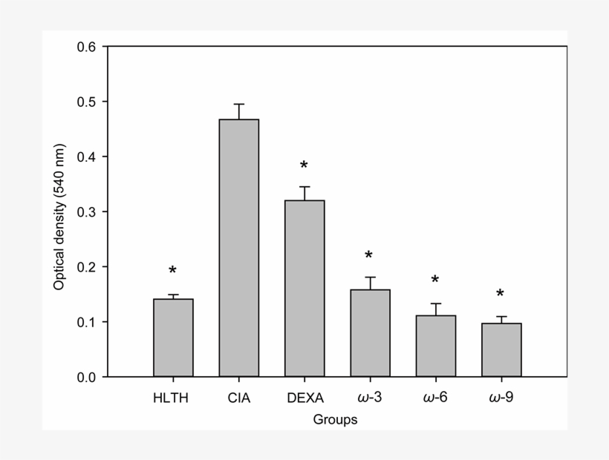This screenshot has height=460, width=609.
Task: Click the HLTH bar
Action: click(x=173, y=338)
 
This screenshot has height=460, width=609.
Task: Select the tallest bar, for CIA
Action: click(x=238, y=248)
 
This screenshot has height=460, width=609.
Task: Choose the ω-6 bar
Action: click(x=435, y=346)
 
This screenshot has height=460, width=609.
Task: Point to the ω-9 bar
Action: click(x=501, y=349)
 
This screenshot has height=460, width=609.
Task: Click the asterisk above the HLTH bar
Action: click(x=173, y=272)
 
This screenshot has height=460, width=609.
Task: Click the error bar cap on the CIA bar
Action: click(x=238, y=105)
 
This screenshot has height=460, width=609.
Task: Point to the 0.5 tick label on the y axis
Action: click(x=88, y=102)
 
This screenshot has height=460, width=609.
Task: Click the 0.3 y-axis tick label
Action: click(x=88, y=211)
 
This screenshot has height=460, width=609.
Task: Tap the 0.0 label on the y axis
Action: click(x=88, y=377)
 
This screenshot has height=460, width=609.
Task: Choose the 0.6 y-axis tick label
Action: click(x=88, y=47)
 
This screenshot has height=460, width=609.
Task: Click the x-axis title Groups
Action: click(x=335, y=420)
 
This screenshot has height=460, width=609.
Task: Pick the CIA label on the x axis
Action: click(x=239, y=398)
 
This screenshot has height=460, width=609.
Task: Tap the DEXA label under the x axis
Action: click(x=304, y=398)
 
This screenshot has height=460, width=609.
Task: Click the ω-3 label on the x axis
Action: click(x=370, y=398)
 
